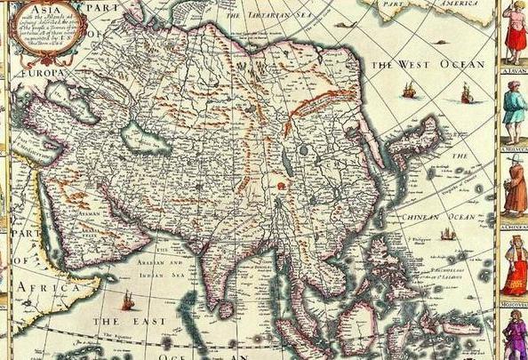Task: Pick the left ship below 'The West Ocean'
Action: (x=408, y=91)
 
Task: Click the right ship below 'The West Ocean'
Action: (x=466, y=92)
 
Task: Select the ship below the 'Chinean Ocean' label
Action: (x=447, y=233)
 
